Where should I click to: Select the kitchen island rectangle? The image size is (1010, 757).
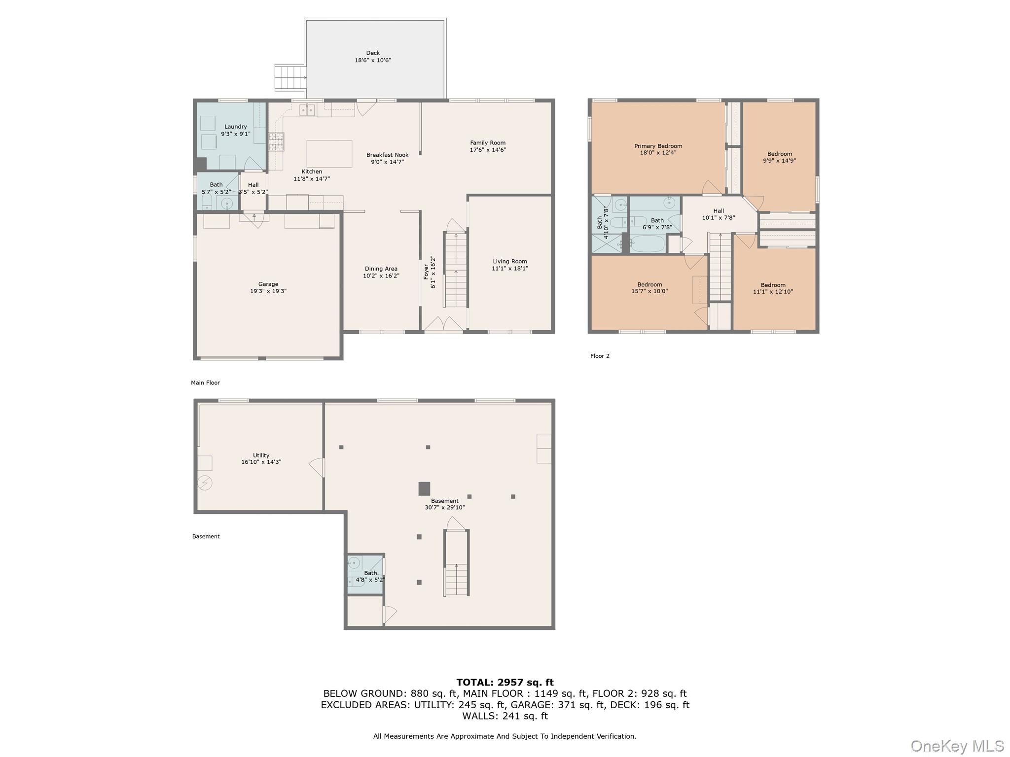tap(329, 154)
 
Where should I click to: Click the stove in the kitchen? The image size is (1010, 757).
tap(276, 141)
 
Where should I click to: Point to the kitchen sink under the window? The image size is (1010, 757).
tap(307, 110)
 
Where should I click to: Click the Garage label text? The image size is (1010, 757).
tap(268, 284)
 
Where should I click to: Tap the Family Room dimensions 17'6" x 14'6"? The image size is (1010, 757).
tap(488, 150)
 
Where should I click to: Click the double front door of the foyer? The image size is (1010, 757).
tap(444, 323)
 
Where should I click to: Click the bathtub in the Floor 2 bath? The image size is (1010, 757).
tap(648, 243)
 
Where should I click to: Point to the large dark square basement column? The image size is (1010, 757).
tap(424, 488)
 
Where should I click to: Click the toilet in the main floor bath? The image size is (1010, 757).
tap(207, 202)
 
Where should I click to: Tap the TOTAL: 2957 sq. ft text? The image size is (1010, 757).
tap(505, 683)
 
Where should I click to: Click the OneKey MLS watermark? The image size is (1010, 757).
tap(957, 746)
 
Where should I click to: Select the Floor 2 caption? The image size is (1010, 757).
tap(600, 356)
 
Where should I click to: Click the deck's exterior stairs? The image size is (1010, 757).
tap(290, 78)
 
